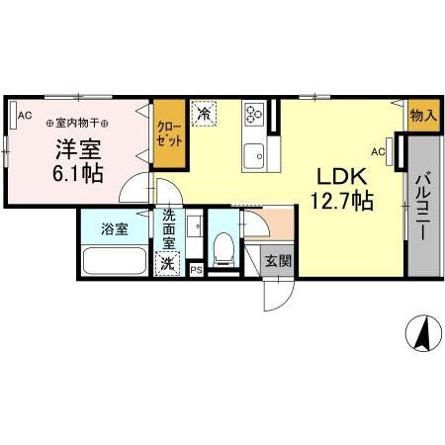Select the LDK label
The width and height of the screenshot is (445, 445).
[342, 176]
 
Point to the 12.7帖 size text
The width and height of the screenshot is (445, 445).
[342, 201]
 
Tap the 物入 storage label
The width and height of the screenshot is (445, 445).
[422, 117]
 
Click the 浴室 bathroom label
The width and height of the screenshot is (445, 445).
[114, 228]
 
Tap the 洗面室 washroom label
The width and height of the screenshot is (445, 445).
[169, 228]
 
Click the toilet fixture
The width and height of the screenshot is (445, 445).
[224, 250]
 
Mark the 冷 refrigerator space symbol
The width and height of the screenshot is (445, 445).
[204, 115]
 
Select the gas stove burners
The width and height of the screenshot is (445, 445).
[252, 116]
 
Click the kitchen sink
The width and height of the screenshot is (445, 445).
[253, 153]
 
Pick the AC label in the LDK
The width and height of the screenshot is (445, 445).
[378, 151]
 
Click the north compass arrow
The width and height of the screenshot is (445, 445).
[423, 333]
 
